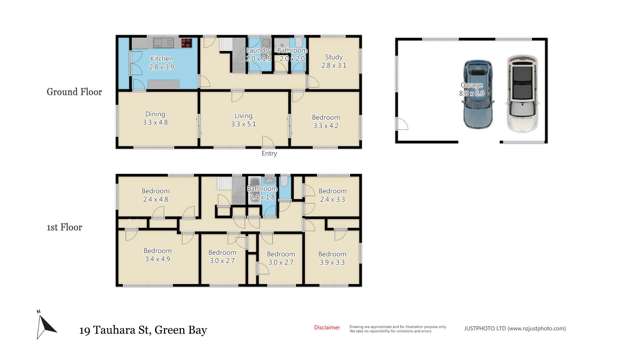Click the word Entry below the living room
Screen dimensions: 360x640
click(x=269, y=153)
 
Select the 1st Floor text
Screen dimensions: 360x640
click(x=66, y=227)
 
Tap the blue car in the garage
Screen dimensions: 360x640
click(x=477, y=95)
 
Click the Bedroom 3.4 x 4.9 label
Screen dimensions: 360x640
click(x=157, y=255)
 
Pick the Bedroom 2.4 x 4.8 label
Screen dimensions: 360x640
click(x=155, y=194)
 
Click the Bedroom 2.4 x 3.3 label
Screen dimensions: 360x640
click(x=332, y=194)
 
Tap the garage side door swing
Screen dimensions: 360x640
click(x=403, y=125)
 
